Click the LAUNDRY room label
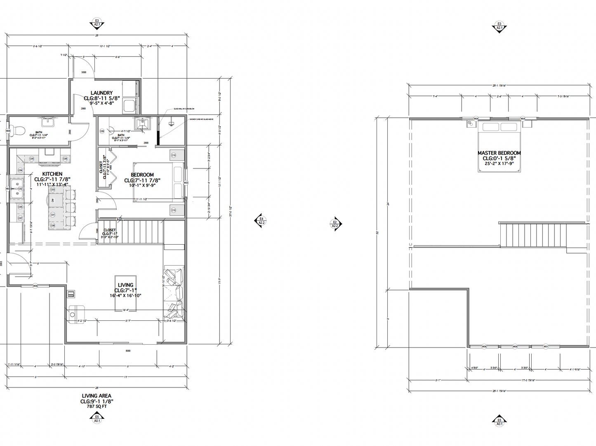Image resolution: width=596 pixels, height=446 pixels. [x=101, y=93]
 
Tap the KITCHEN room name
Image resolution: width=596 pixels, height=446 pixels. [x=52, y=174]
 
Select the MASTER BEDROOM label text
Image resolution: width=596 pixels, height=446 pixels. [x=499, y=153]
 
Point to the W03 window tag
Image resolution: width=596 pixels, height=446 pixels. [x=186, y=182]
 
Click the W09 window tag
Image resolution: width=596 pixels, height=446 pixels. [x=35, y=285]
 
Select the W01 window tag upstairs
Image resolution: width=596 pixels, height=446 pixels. [x=546, y=346]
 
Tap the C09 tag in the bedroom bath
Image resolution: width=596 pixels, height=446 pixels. [x=102, y=131]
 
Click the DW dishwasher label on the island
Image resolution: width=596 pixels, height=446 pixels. [x=52, y=200]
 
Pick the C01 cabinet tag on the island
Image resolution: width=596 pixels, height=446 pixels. [x=52, y=215]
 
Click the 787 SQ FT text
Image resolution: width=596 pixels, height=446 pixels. [x=97, y=406]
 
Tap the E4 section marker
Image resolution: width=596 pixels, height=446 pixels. [x=261, y=221]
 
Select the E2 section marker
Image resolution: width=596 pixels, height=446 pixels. [x=335, y=224]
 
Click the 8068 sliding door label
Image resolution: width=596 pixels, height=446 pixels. [x=128, y=350]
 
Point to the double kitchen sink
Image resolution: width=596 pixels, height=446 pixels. [x=17, y=189]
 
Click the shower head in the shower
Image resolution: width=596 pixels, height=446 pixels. [x=171, y=123]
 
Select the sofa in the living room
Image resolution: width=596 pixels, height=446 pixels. [x=174, y=294]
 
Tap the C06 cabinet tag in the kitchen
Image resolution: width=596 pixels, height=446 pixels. [x=65, y=159]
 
